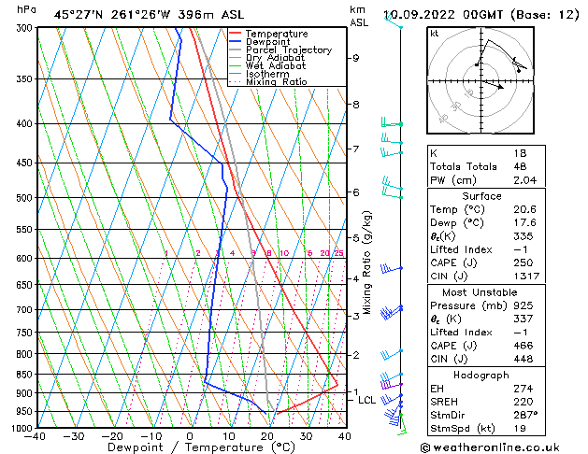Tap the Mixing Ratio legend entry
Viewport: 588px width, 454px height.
pos(277,82)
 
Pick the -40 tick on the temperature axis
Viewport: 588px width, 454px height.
pos(36,436)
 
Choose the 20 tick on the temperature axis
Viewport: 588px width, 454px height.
pos(267,436)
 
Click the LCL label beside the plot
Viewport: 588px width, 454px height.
pos(366,400)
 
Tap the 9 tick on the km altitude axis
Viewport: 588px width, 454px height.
pos(355,58)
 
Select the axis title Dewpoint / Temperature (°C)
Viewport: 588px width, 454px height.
pos(188,448)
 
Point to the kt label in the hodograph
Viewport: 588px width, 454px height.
pos(434,33)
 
